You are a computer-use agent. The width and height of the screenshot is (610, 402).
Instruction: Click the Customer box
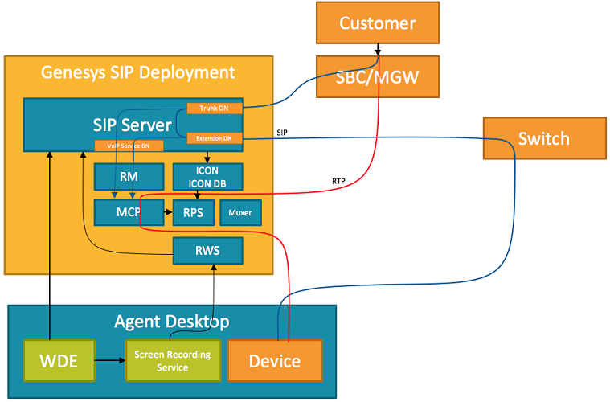(377, 23)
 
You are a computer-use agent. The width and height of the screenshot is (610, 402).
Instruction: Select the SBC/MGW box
(377, 78)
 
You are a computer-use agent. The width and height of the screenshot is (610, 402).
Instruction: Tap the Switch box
(543, 138)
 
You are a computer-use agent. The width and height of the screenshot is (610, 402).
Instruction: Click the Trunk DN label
(214, 109)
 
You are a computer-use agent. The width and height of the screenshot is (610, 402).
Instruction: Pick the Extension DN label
(214, 138)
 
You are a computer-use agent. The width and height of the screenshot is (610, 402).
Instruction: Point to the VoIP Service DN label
(129, 146)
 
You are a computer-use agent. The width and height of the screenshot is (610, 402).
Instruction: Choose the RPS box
(193, 213)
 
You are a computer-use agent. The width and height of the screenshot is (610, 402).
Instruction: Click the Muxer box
(240, 213)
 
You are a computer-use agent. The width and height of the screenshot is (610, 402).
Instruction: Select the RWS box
(207, 250)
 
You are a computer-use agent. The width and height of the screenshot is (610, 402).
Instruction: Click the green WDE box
(59, 361)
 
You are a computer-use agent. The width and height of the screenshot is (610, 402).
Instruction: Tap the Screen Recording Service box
(172, 361)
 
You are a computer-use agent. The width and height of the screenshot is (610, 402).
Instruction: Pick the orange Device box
(276, 361)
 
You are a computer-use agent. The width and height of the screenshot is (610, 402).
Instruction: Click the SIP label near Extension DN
(282, 132)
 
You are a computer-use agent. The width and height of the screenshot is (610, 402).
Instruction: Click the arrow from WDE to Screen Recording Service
(110, 361)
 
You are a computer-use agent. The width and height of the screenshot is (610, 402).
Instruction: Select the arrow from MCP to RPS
(168, 213)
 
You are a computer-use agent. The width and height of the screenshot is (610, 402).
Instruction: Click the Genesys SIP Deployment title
(138, 72)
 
